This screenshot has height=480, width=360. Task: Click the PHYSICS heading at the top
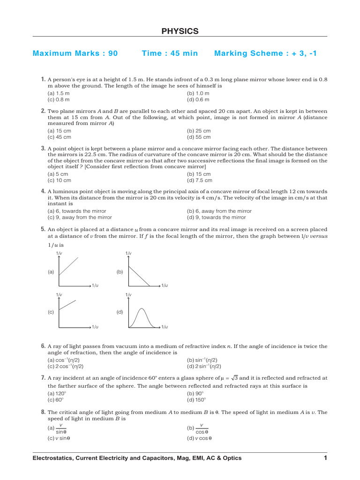click(180, 31)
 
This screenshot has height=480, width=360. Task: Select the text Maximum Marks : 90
click(75, 53)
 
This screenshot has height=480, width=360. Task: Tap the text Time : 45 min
click(170, 53)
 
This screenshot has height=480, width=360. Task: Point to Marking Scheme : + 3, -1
click(265, 53)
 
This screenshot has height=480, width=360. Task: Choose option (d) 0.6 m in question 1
click(198, 99)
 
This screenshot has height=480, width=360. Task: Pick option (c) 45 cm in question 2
click(60, 137)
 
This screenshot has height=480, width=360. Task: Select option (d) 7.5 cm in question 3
click(200, 180)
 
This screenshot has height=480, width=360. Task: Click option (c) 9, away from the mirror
click(80, 217)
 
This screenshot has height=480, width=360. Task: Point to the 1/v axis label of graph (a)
click(59, 254)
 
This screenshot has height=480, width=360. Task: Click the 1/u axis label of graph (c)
click(95, 326)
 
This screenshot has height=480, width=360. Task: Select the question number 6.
click(43, 346)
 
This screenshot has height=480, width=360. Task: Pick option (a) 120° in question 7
click(56, 394)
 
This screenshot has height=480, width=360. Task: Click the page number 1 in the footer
click(325, 457)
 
